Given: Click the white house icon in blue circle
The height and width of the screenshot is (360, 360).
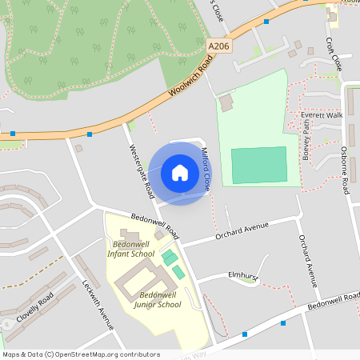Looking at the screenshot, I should pyautogui.click(x=180, y=173).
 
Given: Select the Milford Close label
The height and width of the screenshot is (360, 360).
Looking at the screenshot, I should pyautogui.click(x=206, y=168).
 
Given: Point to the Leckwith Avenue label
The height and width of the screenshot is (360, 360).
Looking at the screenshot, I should pyautogui.click(x=98, y=305).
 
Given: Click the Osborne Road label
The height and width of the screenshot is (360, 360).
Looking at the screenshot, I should pyautogui.click(x=345, y=170).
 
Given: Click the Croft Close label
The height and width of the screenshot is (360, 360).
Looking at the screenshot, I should pyautogui.click(x=334, y=53).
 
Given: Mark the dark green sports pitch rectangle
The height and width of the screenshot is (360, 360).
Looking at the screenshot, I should pyautogui.click(x=258, y=165).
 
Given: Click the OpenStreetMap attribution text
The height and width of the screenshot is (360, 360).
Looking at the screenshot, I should pyautogui.click(x=82, y=354).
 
